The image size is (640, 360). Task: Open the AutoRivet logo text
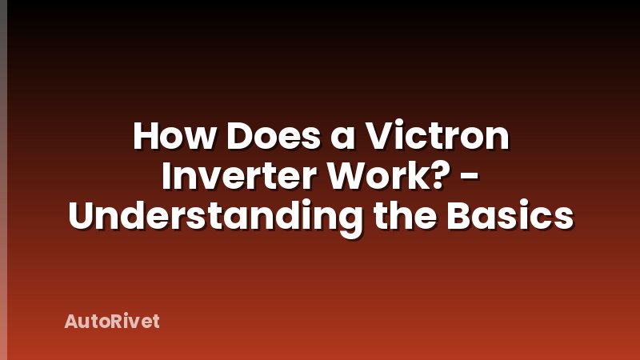[112, 322]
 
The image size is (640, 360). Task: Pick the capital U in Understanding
[84, 217]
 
